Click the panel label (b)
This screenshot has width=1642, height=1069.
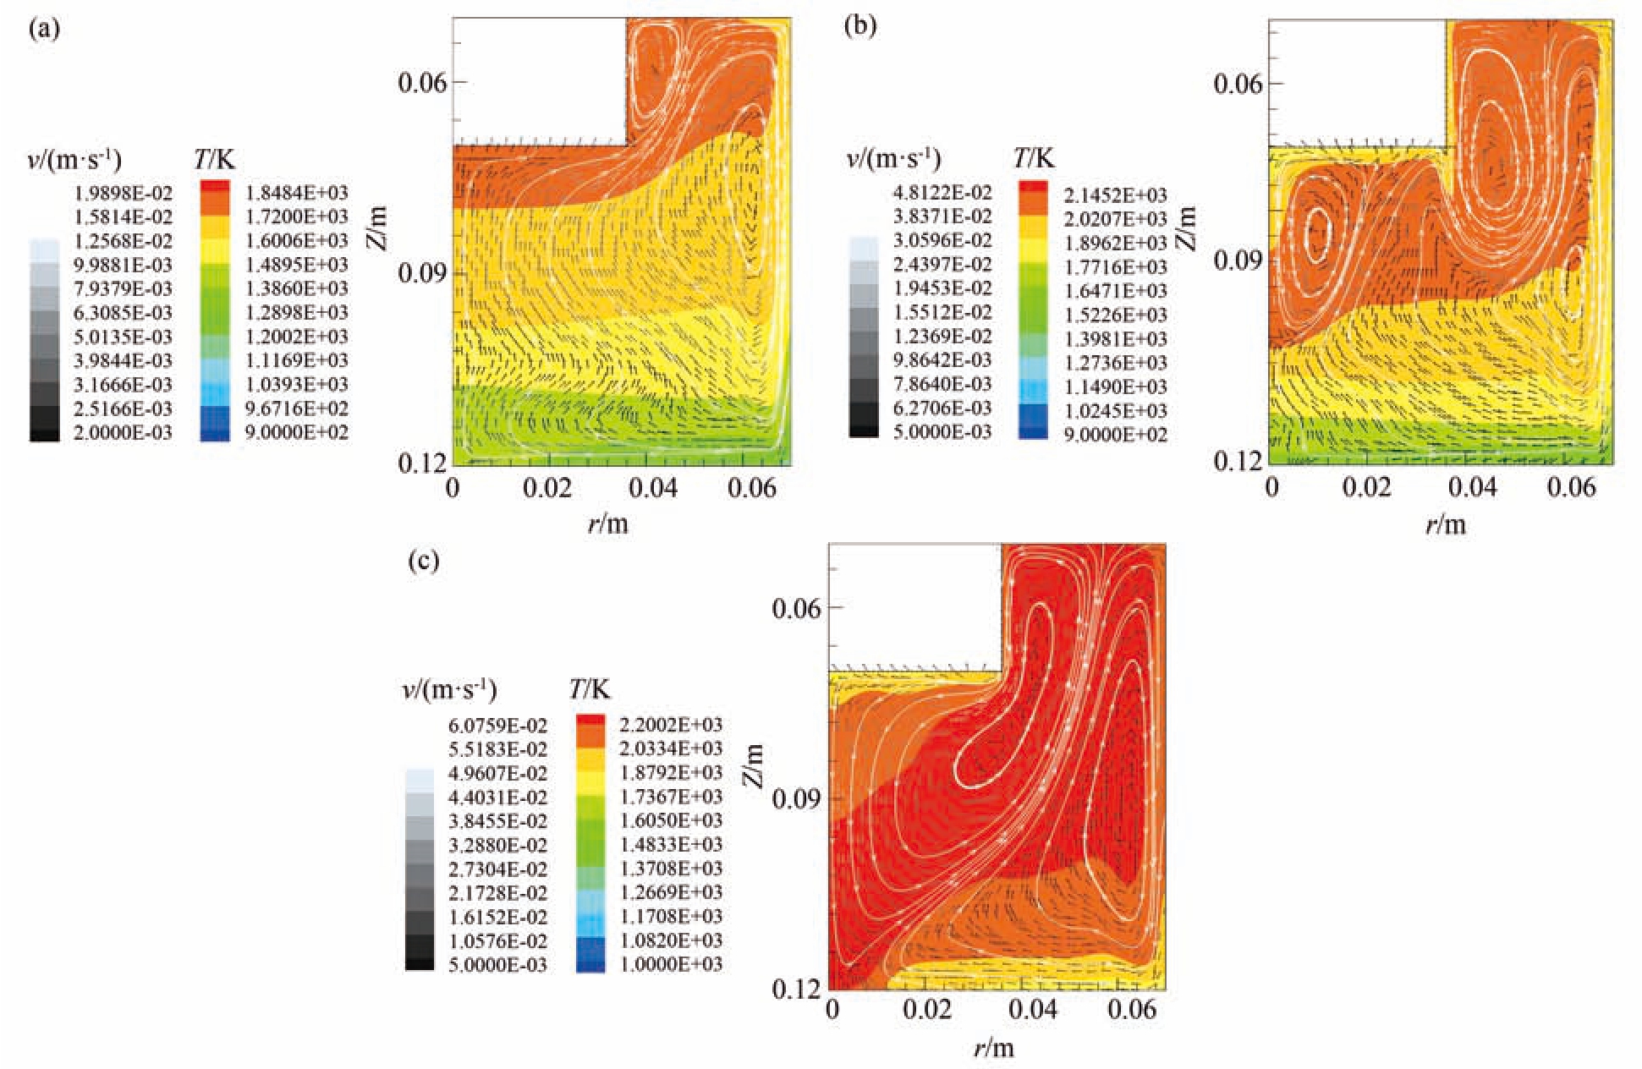pos(860,26)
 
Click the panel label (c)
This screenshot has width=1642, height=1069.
pos(423,561)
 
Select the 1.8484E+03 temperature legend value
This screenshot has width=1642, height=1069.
pos(296,193)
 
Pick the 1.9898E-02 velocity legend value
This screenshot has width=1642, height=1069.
pos(123,193)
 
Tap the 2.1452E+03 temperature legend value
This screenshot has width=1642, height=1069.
pos(1115,195)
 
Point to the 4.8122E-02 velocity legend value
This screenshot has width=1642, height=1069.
pos(942,193)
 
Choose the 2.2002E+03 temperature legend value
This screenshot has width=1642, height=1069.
pos(671,725)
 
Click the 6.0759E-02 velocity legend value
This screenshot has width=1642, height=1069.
pos(497,726)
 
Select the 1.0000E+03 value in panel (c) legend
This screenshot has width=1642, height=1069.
pos(671,965)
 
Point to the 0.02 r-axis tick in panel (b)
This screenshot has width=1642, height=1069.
pos(1366,487)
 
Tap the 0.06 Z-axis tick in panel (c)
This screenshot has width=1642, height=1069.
pos(796,608)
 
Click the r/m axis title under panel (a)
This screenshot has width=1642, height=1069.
pos(608,524)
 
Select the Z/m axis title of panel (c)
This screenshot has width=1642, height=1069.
pos(753,765)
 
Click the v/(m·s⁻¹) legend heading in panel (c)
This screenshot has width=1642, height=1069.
pos(448,689)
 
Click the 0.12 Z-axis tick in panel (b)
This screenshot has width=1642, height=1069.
pos(1238,461)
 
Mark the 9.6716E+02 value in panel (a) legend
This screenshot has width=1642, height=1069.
pos(296,408)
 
